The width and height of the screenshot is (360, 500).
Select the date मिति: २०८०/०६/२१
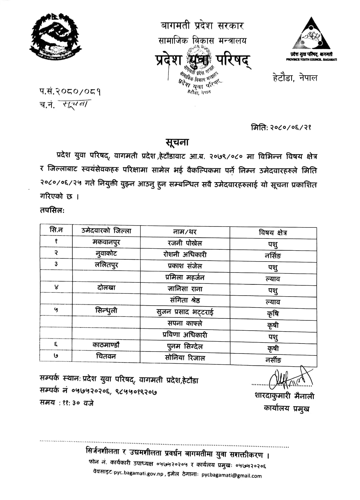tap(281, 128)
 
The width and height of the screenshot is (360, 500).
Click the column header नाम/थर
tap(185, 232)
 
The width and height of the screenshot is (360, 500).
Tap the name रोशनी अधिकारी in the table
tap(185, 254)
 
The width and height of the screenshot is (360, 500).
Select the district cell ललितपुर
tap(106, 265)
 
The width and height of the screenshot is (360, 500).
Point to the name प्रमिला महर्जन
tap(185, 277)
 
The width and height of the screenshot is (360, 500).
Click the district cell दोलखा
tap(106, 288)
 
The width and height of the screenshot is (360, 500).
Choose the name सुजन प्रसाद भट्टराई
tap(185, 312)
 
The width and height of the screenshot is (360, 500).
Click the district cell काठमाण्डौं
tap(106, 345)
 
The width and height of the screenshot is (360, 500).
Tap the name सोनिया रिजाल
tap(185, 358)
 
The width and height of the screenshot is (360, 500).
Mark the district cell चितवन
tap(106, 356)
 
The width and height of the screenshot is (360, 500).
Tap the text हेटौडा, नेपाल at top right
tap(295, 78)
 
